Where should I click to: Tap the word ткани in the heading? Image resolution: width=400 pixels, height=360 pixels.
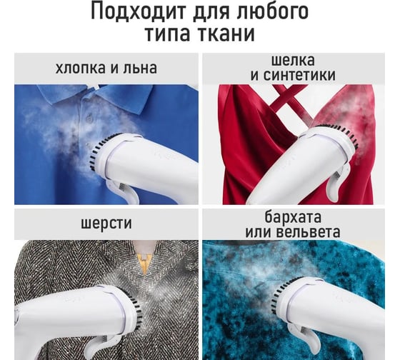(x=226, y=34)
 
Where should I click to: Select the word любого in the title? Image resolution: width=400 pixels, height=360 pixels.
(x=272, y=11)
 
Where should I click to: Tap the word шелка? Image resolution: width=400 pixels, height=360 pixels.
(x=293, y=60)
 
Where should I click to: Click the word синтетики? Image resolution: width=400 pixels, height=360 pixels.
(x=299, y=75)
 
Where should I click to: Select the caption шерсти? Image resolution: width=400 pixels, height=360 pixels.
(x=106, y=224)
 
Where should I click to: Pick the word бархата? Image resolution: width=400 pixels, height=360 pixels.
(x=293, y=217)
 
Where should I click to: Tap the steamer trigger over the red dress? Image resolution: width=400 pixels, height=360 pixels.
(x=336, y=181)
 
